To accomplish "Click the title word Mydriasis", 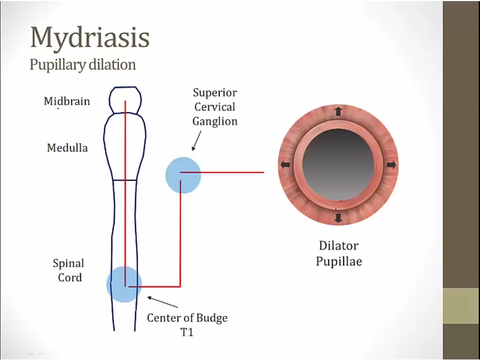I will tap(89, 37).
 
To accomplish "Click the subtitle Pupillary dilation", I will tap(82, 65).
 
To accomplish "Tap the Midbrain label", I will tap(67, 101).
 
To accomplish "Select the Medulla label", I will tap(67, 148).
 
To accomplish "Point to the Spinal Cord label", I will tap(69, 270).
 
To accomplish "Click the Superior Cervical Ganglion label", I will tap(215, 107).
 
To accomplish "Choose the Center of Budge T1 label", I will tap(187, 324).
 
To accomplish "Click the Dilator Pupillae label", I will tap(339, 253).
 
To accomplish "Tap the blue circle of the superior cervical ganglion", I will tap(183, 174).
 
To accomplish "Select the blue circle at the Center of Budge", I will tap(124, 284).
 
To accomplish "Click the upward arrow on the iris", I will tap(338, 111).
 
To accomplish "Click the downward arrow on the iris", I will tap(338, 217).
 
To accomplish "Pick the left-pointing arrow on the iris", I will tap(285, 165).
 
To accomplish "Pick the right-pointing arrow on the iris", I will tap(391, 165).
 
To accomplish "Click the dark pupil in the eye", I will tap(338, 165).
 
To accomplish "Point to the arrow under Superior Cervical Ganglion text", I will tap(196, 141).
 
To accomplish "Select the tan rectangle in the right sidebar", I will tap(461, 306).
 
